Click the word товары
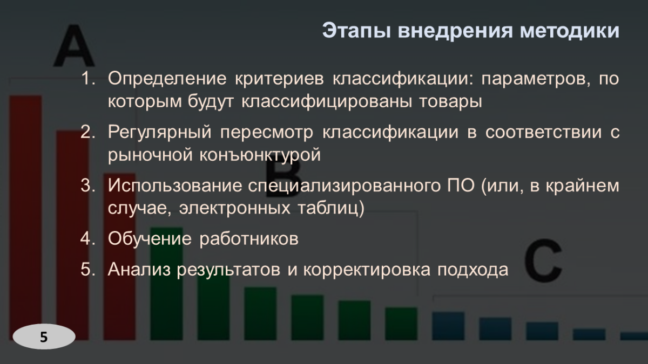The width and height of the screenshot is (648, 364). pyautogui.click(x=451, y=101)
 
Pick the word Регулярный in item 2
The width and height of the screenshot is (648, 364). pyautogui.click(x=161, y=132)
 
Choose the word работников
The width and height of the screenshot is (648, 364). pyautogui.click(x=249, y=238)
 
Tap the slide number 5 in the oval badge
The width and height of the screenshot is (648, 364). pyautogui.click(x=44, y=337)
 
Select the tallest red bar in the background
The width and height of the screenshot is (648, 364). pyautogui.click(x=25, y=216)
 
